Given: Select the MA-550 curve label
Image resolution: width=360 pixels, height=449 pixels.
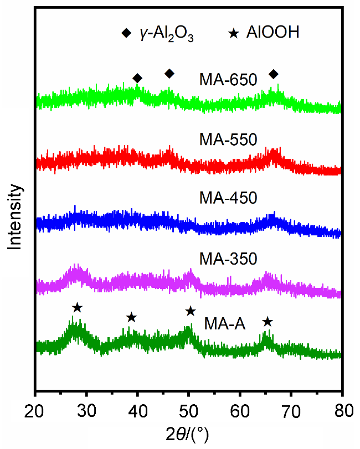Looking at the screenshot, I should click(228, 140).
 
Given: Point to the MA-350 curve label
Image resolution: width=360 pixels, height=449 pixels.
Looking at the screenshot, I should click(228, 259).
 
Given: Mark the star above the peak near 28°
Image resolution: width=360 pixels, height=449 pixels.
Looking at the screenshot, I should click(77, 307).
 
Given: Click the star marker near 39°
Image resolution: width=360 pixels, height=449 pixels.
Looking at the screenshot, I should click(131, 317).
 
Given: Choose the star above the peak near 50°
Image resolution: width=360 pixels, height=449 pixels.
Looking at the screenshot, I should click(191, 311).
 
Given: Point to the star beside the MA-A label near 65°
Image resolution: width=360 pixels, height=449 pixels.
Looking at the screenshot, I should click(268, 322).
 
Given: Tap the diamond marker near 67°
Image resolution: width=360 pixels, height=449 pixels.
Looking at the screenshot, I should click(274, 74).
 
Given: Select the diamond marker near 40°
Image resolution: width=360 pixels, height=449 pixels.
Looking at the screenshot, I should click(137, 78).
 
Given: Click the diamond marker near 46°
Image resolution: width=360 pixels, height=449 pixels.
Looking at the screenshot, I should click(169, 74).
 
